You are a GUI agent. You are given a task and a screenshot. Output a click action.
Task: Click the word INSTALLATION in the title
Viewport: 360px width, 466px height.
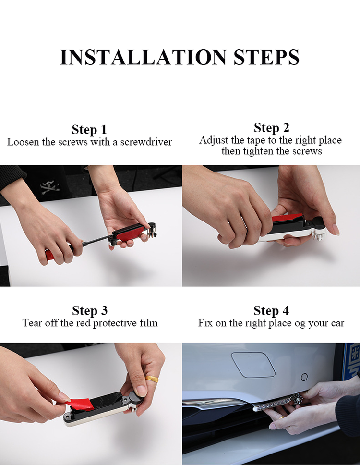tap(143, 57)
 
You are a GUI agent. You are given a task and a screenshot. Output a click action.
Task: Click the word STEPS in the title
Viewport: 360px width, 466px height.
tap(266, 57)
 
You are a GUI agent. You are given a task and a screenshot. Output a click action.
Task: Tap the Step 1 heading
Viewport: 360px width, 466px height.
tap(89, 130)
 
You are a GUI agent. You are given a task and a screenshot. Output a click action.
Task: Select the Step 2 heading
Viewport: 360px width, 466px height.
tap(272, 128)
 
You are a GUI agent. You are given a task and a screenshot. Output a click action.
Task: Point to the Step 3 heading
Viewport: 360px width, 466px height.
tap(90, 310)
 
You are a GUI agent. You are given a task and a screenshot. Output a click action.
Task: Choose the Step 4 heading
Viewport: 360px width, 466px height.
tap(271, 310)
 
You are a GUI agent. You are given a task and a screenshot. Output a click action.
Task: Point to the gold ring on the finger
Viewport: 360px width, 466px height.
tap(152, 379)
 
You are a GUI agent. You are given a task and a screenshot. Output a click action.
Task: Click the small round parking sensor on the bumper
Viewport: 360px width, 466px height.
tap(304, 377)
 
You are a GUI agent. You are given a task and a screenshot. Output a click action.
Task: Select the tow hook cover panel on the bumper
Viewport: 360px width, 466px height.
tap(253, 364)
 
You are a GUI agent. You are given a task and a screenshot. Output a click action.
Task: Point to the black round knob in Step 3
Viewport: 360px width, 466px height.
tap(137, 397)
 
